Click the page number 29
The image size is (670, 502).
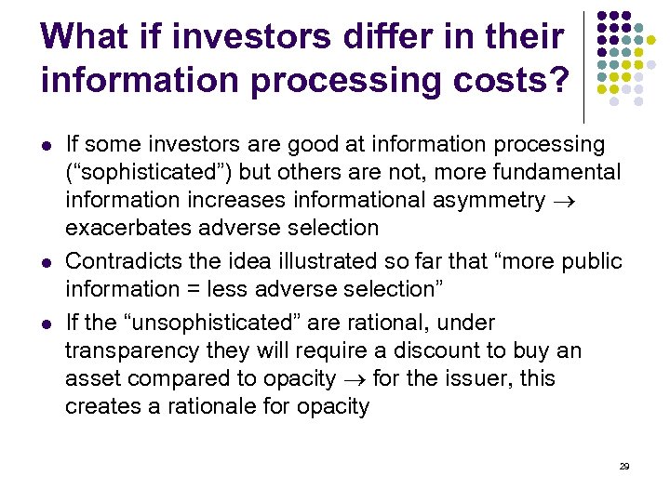tap(624, 466)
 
